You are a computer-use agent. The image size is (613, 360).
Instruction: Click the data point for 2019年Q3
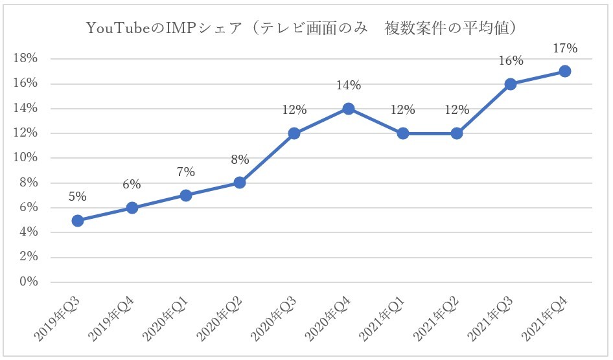78,220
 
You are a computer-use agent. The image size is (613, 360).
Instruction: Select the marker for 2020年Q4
349,109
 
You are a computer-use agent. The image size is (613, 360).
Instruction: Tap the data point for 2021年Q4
564,71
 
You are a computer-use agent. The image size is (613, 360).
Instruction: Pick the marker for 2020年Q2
240,183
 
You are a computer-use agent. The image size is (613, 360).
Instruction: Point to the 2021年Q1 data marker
402,133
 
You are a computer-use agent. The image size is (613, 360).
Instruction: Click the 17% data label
564,48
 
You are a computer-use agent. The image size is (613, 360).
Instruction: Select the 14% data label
349,85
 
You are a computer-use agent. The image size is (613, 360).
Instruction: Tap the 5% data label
78,197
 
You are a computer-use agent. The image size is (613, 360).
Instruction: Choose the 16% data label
511,61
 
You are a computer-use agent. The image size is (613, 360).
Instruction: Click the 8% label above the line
240,160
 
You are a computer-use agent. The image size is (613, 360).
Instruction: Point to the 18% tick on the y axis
26,59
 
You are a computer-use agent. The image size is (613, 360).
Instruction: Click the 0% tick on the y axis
29,282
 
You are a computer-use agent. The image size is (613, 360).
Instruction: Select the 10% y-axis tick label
26,158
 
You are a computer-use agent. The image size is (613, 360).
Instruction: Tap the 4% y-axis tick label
29,232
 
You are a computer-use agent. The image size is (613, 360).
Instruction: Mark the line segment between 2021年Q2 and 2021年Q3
483,109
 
